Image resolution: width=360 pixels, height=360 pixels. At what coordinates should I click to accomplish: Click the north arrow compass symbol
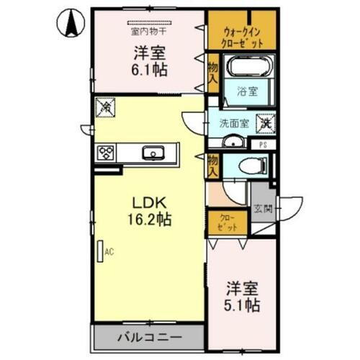pyautogui.click(x=71, y=24)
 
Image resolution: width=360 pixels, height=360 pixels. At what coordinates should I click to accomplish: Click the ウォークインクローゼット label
pyautogui.click(x=242, y=36)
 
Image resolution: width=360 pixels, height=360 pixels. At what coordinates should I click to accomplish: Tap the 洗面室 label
pyautogui.click(x=234, y=122)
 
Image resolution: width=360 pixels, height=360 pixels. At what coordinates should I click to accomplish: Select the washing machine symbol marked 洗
pyautogui.click(x=266, y=122)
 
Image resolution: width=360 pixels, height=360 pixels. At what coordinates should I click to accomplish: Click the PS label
pyautogui.click(x=264, y=144)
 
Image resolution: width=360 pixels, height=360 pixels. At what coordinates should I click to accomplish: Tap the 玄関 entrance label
pyautogui.click(x=262, y=210)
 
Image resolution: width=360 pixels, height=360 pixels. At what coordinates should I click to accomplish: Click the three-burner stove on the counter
pyautogui.click(x=107, y=153)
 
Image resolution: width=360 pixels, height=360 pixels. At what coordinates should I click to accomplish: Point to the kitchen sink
pyautogui.click(x=153, y=153)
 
